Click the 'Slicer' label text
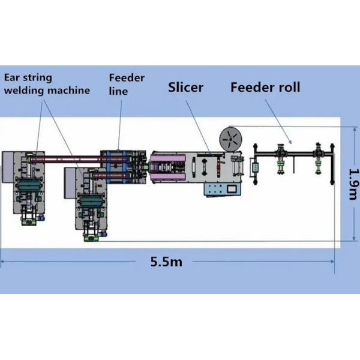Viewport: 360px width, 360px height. point(185,88)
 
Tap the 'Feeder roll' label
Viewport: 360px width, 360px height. point(265,88)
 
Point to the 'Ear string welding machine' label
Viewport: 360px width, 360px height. point(47,84)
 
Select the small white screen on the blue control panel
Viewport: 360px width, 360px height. point(231,189)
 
